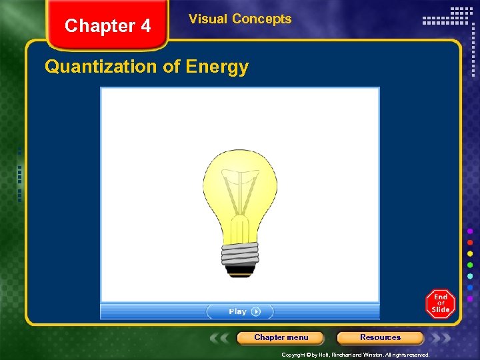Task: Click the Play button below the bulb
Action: (240, 311)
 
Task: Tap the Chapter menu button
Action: (281, 337)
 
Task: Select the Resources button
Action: (380, 337)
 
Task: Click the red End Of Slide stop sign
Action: (440, 303)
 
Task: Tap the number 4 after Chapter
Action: (145, 26)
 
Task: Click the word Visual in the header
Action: (208, 19)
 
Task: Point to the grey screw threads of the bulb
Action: (240, 253)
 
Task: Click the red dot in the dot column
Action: (470, 242)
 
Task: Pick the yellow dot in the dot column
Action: (470, 253)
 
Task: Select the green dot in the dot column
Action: (470, 265)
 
